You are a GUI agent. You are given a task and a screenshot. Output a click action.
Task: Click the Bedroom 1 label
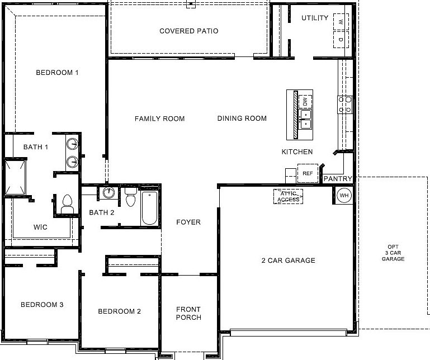57,73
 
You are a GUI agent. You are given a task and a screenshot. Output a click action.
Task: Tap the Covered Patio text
188,31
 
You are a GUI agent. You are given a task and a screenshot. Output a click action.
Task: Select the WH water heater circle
344,196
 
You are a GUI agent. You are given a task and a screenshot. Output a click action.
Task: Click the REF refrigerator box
307,173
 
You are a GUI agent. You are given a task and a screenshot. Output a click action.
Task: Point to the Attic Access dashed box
288,196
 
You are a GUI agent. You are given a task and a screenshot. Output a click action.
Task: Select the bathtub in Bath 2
149,208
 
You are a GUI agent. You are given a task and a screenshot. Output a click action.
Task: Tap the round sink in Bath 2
108,193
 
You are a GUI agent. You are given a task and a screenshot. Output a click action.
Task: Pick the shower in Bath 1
16,178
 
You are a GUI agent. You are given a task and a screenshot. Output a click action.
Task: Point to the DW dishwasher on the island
305,102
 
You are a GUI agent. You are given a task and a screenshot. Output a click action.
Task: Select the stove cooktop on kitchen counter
344,105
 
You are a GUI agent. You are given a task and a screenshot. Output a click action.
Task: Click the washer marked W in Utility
339,22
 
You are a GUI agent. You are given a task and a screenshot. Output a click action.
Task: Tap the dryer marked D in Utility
339,40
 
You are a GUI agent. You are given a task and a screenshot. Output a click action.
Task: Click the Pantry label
338,179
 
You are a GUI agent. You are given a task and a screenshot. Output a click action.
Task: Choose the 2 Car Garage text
288,260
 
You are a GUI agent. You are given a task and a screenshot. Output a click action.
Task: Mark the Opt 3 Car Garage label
393,253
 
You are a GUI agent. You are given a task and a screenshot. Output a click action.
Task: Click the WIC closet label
40,228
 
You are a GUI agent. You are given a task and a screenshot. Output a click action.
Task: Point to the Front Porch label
188,314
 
